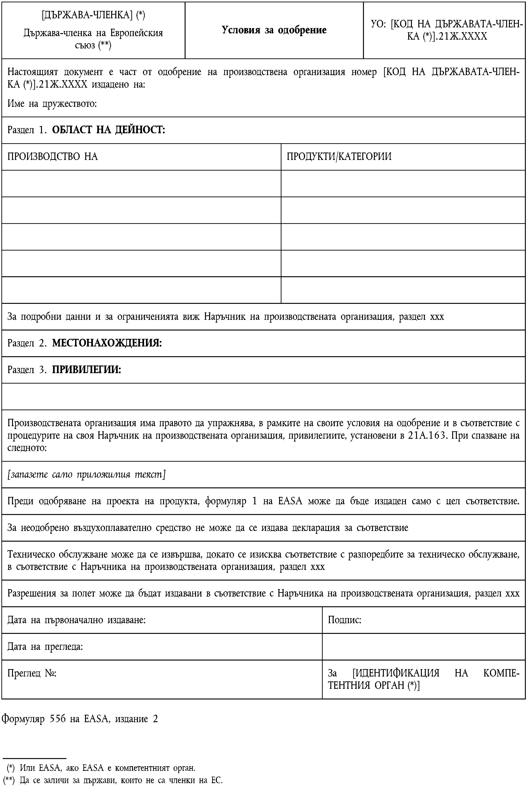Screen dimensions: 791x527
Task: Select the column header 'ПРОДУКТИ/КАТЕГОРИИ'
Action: [339, 157]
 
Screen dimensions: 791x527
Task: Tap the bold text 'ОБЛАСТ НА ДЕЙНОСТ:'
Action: [109, 130]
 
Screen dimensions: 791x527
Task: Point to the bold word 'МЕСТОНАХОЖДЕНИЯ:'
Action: [107, 343]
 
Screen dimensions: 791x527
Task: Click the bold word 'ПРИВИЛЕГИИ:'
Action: [86, 370]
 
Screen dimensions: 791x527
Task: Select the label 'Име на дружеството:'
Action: [52, 104]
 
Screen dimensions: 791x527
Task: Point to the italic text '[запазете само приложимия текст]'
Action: [86, 474]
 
